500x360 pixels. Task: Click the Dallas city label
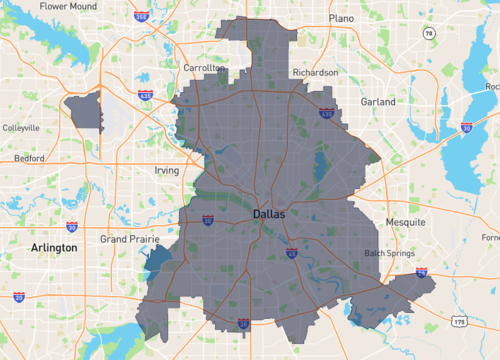point(268,214)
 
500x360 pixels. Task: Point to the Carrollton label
point(204,68)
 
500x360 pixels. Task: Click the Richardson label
point(315,73)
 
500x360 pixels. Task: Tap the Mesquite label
point(406,221)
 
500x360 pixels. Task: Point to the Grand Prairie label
point(130,240)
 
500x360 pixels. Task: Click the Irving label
point(166,171)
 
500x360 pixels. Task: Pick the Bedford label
point(28,158)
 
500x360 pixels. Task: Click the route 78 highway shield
point(429,34)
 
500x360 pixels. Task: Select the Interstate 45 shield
point(291,254)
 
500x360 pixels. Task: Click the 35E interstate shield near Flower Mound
point(142,17)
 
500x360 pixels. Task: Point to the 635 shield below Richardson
point(326,114)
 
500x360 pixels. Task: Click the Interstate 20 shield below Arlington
point(20,297)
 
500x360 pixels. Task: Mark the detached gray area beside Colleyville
point(84,109)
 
